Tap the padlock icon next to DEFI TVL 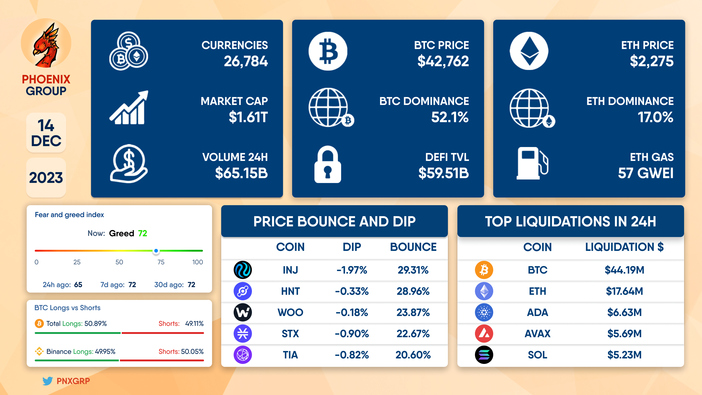[x=328, y=164]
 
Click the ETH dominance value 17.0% [x=655, y=117]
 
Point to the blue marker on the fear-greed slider [x=156, y=251]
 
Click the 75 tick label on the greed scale [x=161, y=262]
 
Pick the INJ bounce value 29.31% [x=413, y=270]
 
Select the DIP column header [x=352, y=247]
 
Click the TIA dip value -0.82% [x=352, y=355]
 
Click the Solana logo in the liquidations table [x=484, y=355]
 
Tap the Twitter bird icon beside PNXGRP [x=47, y=381]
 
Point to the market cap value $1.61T [x=248, y=117]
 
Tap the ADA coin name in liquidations [x=537, y=312]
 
